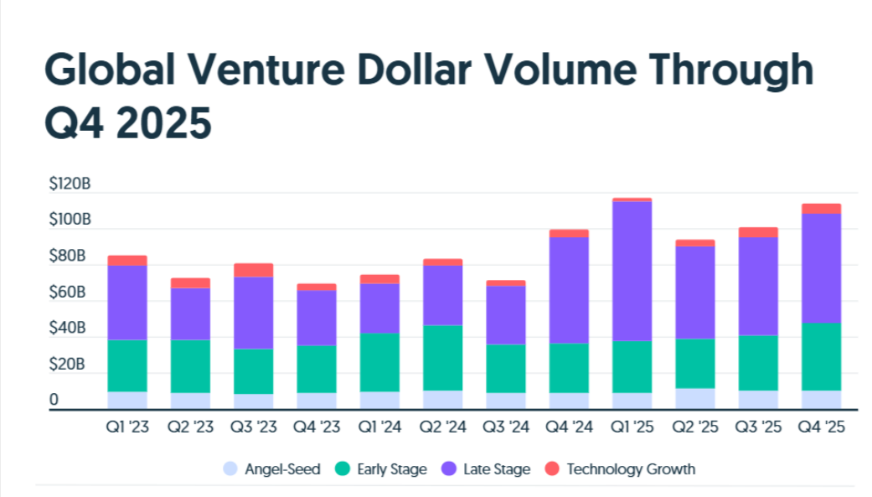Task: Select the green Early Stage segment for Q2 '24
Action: (442, 358)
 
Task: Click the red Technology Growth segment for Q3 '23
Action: (254, 270)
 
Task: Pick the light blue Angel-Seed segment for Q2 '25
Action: (695, 399)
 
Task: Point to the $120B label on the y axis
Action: (70, 184)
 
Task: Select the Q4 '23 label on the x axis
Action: (316, 427)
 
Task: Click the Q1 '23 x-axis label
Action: (126, 427)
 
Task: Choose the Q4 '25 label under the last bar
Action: (821, 427)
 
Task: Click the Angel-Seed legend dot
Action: (230, 469)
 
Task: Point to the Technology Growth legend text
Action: (631, 469)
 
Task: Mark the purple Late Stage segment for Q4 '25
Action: (821, 268)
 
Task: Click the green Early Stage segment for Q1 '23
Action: (127, 365)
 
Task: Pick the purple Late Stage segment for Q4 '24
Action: (569, 290)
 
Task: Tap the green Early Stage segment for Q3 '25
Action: (758, 363)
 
